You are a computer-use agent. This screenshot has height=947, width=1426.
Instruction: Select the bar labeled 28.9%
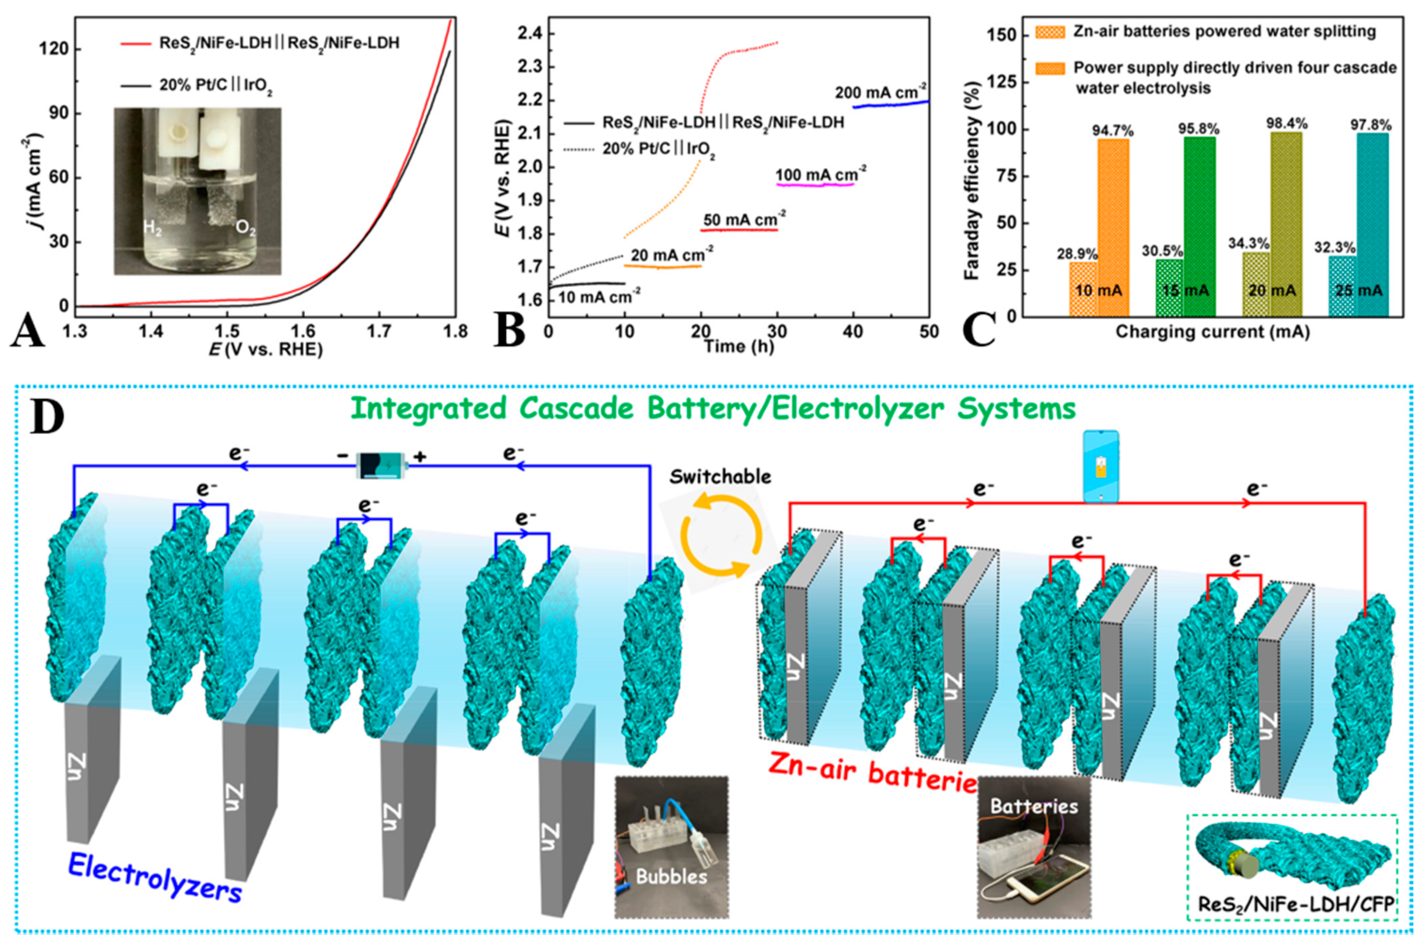(x=1083, y=289)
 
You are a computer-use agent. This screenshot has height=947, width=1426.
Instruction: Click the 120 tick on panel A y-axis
(x=54, y=49)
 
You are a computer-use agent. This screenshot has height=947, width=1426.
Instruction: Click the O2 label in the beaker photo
(x=246, y=230)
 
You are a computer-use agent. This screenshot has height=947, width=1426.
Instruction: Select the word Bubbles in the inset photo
(x=671, y=876)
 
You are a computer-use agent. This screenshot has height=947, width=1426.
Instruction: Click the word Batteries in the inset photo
(x=1034, y=806)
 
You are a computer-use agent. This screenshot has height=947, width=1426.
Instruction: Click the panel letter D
(x=47, y=416)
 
